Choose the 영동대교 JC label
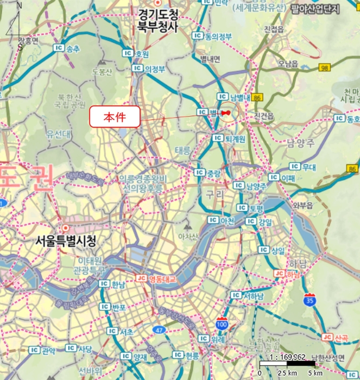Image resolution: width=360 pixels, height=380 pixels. [x=157, y=278]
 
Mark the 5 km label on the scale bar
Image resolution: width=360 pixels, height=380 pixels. [x=315, y=373]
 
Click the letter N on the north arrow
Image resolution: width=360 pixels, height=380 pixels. [x=20, y=5]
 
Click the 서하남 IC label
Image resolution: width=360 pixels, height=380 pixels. [x=248, y=296]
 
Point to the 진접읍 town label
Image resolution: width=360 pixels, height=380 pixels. [x=273, y=29]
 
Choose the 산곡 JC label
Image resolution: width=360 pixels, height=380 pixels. [x=337, y=337]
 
